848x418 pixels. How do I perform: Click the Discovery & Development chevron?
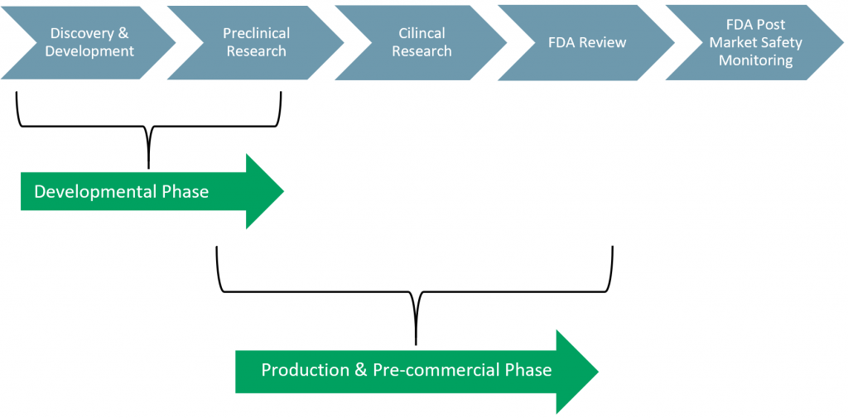coord(89,42)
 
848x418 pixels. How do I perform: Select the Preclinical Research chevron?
coord(256,42)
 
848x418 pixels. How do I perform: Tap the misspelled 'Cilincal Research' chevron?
coord(422,42)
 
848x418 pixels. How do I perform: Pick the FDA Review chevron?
coord(587,42)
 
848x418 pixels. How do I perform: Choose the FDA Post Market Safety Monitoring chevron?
coord(754,42)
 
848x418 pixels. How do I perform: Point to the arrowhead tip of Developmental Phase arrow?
coord(282,191)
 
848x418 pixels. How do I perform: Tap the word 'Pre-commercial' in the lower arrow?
coord(428,370)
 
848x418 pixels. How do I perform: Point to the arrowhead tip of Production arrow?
coord(597,371)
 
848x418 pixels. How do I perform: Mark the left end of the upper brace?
coord(17,94)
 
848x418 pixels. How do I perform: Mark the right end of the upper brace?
coord(281,94)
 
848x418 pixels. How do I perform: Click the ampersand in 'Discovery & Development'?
coord(123,34)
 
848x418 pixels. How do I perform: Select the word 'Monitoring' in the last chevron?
coord(755,60)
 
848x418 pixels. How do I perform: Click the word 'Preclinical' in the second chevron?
coord(256,34)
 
